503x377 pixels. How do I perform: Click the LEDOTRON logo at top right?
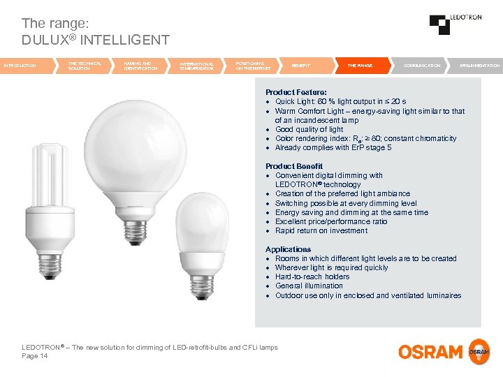click(455, 24)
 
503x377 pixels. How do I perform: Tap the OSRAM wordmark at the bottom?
click(430, 351)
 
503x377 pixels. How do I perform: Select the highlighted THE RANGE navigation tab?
click(360, 65)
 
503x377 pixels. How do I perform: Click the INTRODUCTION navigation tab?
click(21, 65)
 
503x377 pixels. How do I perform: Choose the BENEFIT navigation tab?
click(302, 65)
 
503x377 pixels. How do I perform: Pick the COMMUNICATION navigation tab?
click(422, 65)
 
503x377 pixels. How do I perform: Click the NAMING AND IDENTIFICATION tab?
click(141, 66)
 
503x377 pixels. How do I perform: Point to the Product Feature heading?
click(296, 92)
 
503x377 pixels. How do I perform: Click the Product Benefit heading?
click(294, 166)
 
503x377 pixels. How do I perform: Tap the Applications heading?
click(288, 249)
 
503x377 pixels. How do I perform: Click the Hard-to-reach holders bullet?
click(312, 276)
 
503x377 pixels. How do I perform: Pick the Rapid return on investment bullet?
click(321, 230)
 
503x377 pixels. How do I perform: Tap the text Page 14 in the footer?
click(35, 356)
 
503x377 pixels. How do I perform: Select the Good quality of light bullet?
click(309, 129)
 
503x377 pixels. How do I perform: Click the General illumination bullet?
click(309, 286)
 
